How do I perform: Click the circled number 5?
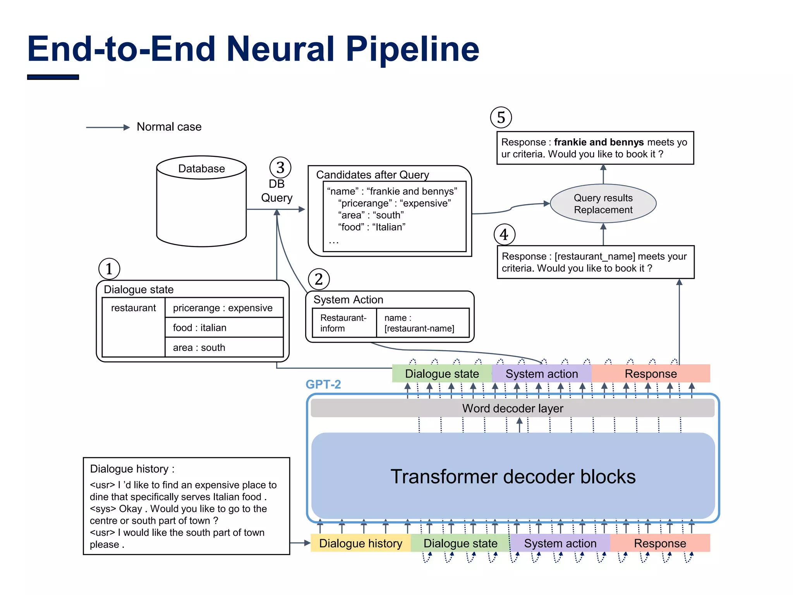click(501, 118)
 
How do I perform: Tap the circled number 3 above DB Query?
click(280, 168)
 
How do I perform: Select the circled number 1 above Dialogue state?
click(109, 269)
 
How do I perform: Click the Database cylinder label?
click(201, 169)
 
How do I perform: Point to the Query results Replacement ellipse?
click(603, 204)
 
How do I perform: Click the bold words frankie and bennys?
click(599, 142)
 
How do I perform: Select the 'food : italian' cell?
click(224, 328)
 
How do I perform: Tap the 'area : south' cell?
click(224, 347)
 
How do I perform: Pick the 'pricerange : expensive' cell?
click(224, 308)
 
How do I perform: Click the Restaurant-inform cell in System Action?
click(344, 323)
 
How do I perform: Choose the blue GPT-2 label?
click(323, 384)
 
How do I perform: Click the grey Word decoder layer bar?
click(512, 408)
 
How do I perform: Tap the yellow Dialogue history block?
click(360, 543)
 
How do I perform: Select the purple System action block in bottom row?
click(560, 543)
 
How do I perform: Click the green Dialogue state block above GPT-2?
click(442, 374)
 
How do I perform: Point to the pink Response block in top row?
click(651, 374)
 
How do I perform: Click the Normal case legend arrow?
click(108, 127)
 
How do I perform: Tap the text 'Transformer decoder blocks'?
click(513, 476)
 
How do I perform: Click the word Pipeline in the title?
click(412, 49)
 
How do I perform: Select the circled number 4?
click(504, 235)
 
